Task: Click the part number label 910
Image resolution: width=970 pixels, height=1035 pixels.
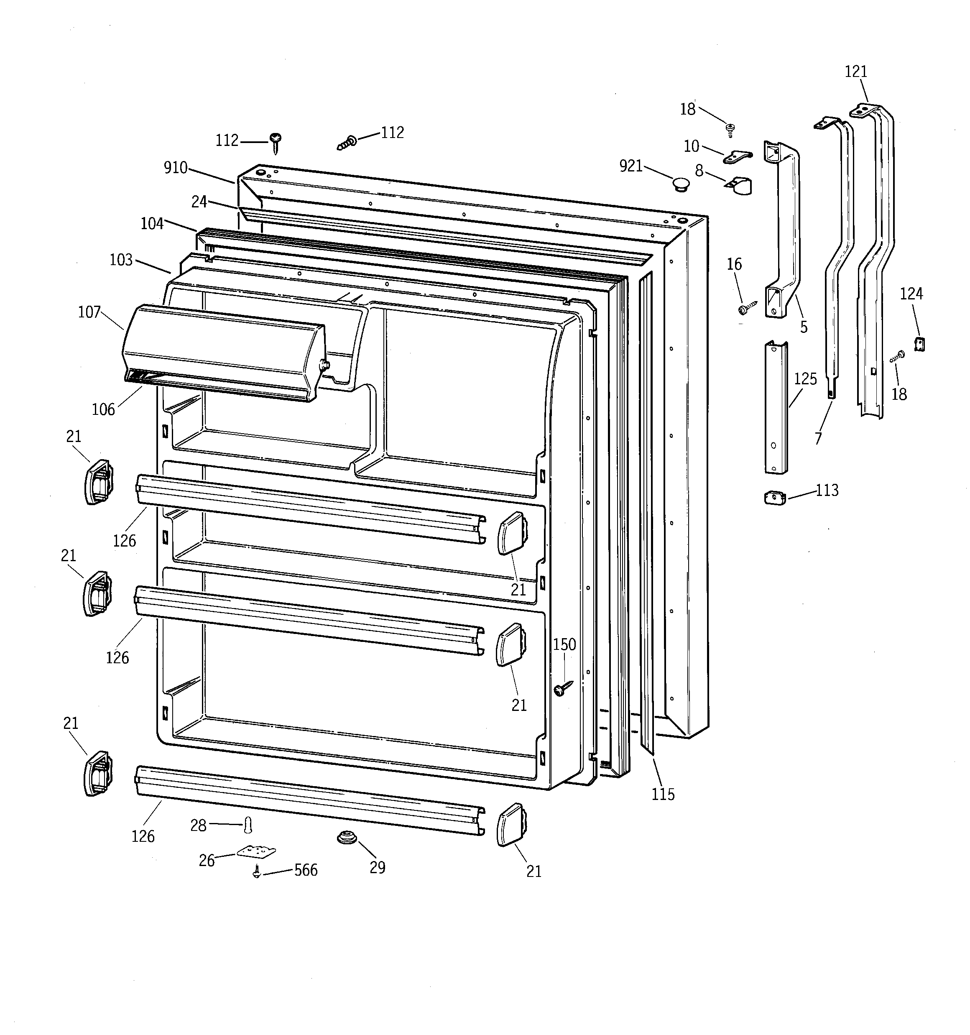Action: click(x=176, y=168)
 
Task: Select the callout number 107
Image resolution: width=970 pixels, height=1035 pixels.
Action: click(x=89, y=312)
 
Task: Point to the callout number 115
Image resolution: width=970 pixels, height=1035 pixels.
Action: click(x=663, y=794)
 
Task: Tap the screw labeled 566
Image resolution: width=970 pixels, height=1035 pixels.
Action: click(x=256, y=871)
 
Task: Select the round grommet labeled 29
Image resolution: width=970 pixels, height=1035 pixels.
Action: click(x=345, y=838)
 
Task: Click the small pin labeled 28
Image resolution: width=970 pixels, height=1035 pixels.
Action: click(x=248, y=825)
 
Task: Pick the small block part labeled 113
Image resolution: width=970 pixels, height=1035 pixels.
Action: click(x=775, y=498)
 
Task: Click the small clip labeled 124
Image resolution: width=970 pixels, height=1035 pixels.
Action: click(x=919, y=344)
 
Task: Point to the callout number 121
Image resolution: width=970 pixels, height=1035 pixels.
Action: click(x=855, y=72)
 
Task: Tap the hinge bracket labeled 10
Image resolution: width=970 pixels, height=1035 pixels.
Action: click(x=738, y=155)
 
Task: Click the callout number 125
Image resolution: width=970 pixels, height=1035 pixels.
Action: click(x=805, y=379)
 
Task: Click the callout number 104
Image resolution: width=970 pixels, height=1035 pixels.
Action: click(x=152, y=223)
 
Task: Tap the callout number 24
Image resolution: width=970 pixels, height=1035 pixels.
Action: click(x=199, y=202)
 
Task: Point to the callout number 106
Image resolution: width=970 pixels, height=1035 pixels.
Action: click(x=103, y=409)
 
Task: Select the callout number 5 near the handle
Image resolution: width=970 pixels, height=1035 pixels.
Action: click(x=804, y=327)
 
